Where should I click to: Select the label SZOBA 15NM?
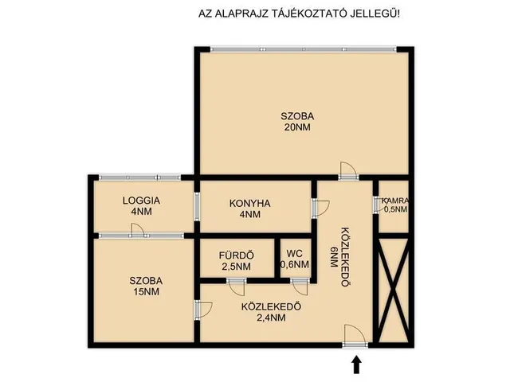[146, 286]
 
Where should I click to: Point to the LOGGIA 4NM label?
[142, 206]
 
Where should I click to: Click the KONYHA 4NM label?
[250, 209]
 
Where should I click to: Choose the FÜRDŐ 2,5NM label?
[237, 260]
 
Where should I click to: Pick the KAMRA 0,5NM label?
[395, 205]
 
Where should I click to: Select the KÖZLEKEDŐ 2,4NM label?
[262, 311]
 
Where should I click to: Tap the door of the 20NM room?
[347, 170]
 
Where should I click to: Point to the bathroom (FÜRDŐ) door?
[237, 283]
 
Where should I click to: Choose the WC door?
[300, 283]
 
